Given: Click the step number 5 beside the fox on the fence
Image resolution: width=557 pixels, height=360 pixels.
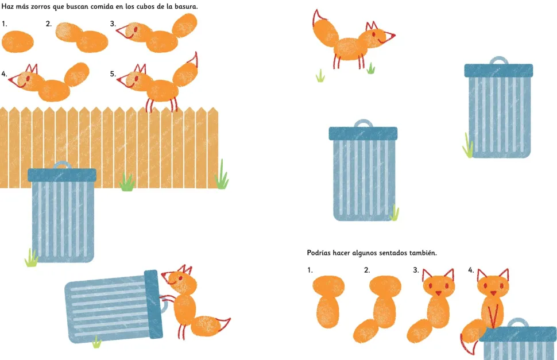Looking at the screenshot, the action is pos(113,74).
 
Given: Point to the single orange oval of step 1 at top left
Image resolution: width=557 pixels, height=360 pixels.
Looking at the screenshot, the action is pos(18,41).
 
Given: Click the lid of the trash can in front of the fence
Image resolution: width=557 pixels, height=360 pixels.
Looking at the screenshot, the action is pos(62,175).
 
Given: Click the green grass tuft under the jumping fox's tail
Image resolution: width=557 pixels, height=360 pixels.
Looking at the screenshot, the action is pos(320,76).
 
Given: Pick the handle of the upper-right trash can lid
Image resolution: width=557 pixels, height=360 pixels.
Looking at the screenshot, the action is pos(499,60).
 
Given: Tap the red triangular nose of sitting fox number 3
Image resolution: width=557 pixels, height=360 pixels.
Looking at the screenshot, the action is pos(438,293).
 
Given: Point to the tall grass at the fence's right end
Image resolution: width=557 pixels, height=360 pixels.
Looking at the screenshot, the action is pos(222,175).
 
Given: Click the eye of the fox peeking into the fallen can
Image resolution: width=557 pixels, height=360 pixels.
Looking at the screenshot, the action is pos(180,278).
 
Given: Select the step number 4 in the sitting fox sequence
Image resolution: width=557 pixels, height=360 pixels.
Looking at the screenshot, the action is pos(471,270).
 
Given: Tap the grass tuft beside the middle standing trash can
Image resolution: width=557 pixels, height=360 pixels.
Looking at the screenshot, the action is pos(394,212).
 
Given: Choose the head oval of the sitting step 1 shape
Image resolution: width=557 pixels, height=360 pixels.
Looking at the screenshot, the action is pos(328,285).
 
